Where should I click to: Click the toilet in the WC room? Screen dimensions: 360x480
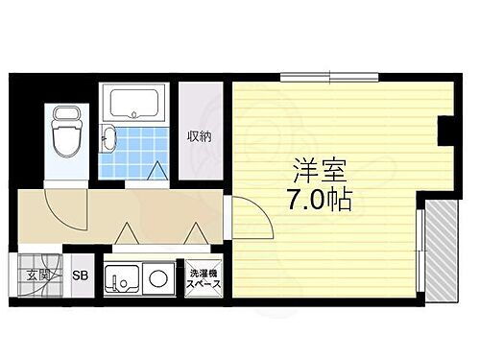pos(66,134)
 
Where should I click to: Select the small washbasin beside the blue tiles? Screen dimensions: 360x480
pos(109,140)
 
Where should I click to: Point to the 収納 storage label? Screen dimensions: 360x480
pos(200,135)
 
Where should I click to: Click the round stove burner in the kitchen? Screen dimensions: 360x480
pos(158,279)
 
